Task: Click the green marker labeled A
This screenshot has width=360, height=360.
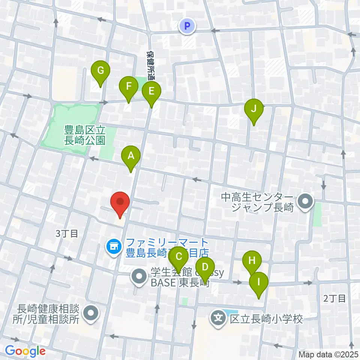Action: [131, 155]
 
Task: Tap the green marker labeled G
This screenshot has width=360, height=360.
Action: [100, 70]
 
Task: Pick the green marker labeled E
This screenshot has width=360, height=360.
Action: [151, 91]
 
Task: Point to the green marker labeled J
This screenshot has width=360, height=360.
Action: [253, 109]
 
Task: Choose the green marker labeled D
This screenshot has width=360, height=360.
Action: [205, 267]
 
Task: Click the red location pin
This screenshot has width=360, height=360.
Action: [120, 202]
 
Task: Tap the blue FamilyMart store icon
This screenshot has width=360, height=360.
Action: [114, 247]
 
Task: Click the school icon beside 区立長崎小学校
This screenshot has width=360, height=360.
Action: [218, 319]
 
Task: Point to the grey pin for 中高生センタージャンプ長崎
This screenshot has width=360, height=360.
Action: [305, 202]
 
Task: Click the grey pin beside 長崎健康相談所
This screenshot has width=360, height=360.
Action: [90, 314]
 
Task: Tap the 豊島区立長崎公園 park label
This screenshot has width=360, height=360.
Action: [85, 135]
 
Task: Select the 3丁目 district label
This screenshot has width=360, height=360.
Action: [67, 234]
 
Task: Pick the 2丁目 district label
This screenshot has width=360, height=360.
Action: [334, 298]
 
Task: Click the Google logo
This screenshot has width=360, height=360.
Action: [25, 351]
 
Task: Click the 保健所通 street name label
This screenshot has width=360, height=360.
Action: [151, 65]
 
